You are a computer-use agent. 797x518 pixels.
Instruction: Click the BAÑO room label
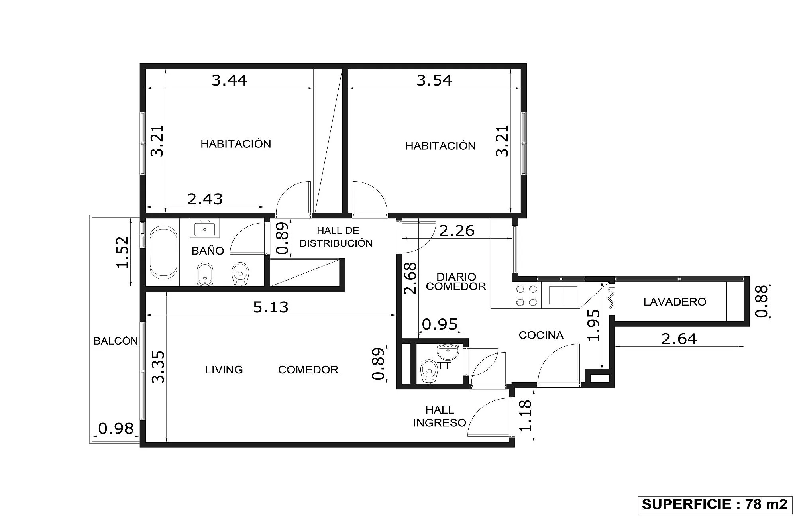coord(208,251)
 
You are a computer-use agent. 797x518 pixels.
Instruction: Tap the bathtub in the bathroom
coord(163,252)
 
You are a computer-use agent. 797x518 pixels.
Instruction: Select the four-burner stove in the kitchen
coord(527,296)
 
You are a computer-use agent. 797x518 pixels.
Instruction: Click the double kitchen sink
coord(563,295)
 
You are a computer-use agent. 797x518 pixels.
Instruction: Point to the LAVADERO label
coord(675,302)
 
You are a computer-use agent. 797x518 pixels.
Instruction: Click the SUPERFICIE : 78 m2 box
coord(715,504)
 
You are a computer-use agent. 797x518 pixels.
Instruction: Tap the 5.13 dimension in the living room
coord(271,307)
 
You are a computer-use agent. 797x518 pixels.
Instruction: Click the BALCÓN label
coord(116,341)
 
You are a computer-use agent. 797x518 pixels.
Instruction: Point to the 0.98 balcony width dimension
coord(116,428)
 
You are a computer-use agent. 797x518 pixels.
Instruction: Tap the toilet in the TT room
coord(429,371)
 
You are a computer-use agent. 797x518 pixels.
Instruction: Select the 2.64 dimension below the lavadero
coord(679,339)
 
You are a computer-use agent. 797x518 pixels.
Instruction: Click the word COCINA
coord(541,335)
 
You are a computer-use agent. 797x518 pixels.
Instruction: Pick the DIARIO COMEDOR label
coord(456,281)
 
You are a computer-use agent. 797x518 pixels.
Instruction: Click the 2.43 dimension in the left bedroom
coord(205,199)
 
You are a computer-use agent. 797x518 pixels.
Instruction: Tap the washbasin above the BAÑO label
coord(205,229)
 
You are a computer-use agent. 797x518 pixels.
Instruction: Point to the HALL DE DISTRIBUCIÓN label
coord(336,237)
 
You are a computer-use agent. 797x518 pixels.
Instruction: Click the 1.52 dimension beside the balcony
coord(123,252)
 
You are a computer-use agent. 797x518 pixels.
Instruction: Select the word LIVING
coord(224,369)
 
